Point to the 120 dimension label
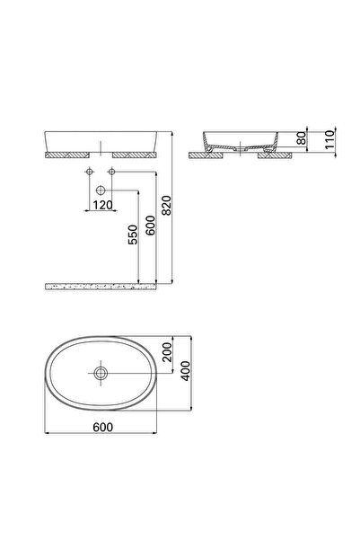(x=101, y=205)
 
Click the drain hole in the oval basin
(x=101, y=371)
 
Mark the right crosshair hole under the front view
(x=112, y=171)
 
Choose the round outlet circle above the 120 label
(x=101, y=190)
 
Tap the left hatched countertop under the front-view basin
(x=69, y=155)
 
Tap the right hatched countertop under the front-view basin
(x=135, y=155)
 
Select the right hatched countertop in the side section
(x=273, y=155)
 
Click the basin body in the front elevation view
(x=101, y=142)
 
